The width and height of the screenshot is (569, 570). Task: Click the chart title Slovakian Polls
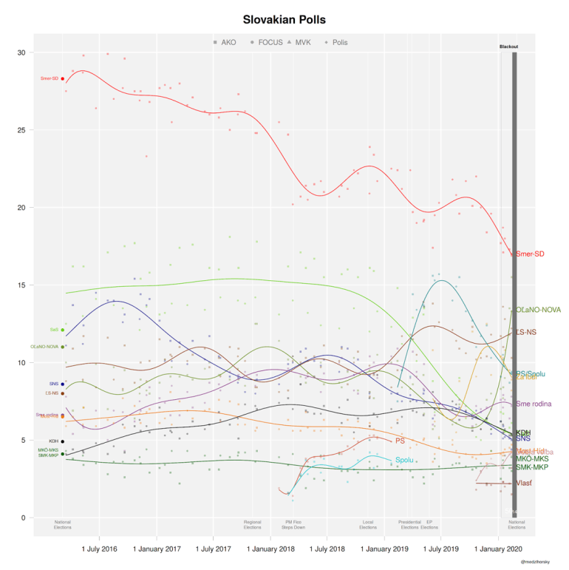point(284,18)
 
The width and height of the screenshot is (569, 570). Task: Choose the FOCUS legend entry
point(267,43)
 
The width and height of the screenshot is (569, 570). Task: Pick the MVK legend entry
point(303,43)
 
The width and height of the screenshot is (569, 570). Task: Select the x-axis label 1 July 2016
point(100,549)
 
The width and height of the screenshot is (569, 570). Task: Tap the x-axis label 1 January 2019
point(385,549)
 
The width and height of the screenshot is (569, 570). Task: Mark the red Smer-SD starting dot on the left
point(63,78)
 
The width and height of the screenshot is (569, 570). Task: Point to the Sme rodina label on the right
point(534,404)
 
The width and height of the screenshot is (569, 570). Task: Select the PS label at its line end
point(400,441)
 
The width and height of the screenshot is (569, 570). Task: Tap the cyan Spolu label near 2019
point(403,461)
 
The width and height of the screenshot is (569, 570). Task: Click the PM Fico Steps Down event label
point(293,525)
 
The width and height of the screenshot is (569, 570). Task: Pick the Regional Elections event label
point(253,525)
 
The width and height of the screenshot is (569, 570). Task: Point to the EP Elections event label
point(429,525)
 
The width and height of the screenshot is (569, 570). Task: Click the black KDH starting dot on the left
point(63,441)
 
